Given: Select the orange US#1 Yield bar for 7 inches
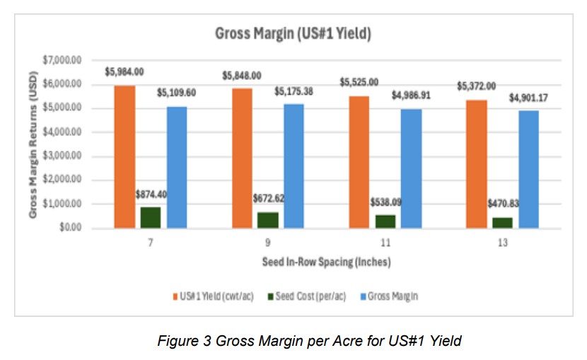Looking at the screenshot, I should (x=124, y=156).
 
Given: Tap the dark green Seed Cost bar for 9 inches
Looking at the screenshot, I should (x=268, y=220).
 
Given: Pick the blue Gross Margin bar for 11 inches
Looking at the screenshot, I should (x=411, y=168).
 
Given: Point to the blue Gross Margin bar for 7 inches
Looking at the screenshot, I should (x=177, y=167).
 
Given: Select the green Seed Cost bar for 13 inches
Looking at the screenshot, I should (x=502, y=222).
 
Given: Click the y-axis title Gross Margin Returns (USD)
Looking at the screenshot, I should (x=33, y=144).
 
